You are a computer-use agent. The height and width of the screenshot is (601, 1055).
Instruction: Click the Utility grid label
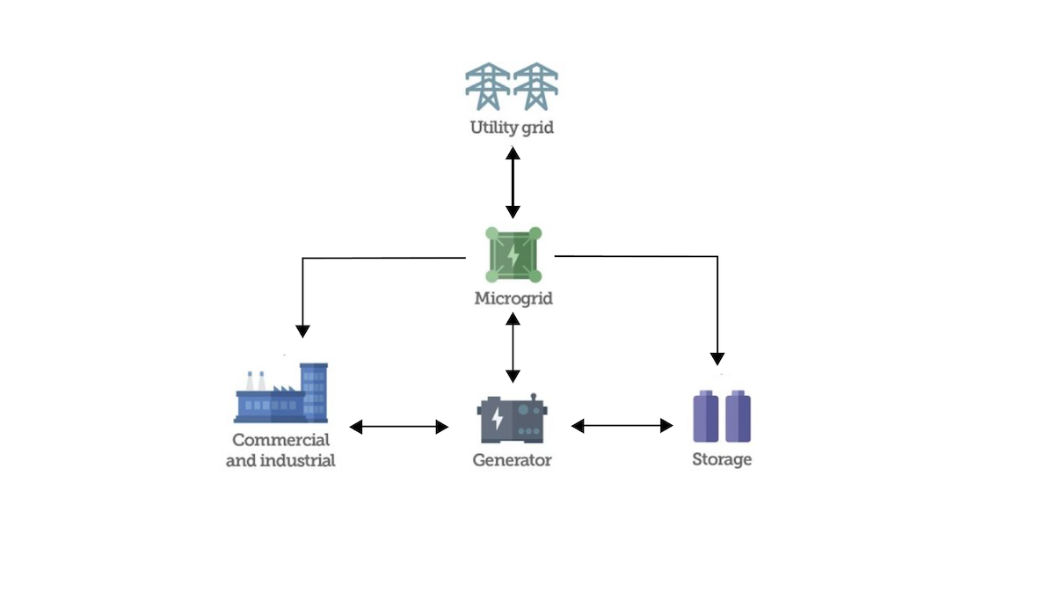point(512,127)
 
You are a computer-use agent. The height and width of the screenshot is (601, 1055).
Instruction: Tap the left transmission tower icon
point(487,86)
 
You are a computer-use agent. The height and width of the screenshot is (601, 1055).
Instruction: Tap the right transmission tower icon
point(535,86)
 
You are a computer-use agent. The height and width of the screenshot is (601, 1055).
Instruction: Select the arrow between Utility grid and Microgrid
point(513,183)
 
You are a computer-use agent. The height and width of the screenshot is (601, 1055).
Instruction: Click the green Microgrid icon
point(513,255)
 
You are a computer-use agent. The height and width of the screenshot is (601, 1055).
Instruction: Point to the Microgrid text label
point(513,298)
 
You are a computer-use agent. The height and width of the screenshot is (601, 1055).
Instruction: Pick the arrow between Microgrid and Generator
point(513,347)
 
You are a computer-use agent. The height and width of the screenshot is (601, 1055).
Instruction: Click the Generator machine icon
point(513,419)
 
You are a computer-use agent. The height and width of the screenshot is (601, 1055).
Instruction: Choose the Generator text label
point(513,459)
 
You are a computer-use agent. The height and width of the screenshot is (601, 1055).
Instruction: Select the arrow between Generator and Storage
point(622,426)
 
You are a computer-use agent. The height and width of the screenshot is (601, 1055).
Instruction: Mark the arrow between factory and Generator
point(399,427)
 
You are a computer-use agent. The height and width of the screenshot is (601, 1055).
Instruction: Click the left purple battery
point(706,416)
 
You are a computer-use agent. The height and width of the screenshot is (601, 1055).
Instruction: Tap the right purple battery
point(738,416)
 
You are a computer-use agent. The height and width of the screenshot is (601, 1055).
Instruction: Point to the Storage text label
point(722,459)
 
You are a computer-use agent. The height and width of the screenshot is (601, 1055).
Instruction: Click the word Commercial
point(281,440)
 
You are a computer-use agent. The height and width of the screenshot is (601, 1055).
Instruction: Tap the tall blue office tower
point(314,391)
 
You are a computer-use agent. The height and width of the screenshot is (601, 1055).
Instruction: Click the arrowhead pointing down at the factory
point(302,331)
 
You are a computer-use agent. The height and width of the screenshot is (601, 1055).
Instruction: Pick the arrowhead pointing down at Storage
point(717,358)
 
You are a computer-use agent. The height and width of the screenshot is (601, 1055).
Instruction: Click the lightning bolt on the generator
point(497,418)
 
